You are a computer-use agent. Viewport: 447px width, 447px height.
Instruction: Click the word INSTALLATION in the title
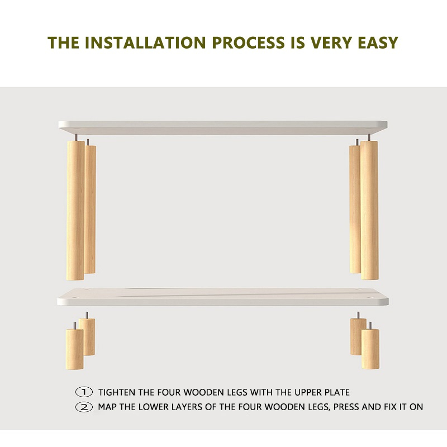145,42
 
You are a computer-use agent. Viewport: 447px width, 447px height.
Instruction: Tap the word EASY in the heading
378,42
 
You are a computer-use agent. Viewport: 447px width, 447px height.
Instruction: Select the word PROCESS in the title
248,42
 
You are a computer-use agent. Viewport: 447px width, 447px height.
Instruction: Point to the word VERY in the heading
330,42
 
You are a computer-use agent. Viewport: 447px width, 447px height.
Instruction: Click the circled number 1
84,392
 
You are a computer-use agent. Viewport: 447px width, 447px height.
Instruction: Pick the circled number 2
84,407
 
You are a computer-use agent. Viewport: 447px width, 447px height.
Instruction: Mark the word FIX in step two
390,407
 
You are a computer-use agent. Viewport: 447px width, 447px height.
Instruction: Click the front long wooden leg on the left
75,211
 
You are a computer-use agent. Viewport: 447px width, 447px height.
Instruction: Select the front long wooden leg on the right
369,210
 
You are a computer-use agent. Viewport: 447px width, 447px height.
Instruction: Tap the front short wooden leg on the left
75,349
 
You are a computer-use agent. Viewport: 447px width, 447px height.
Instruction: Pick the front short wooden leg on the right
370,349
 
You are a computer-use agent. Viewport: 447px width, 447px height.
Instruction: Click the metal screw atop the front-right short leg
370,325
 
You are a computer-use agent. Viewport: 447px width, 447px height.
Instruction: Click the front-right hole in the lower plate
371,298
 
